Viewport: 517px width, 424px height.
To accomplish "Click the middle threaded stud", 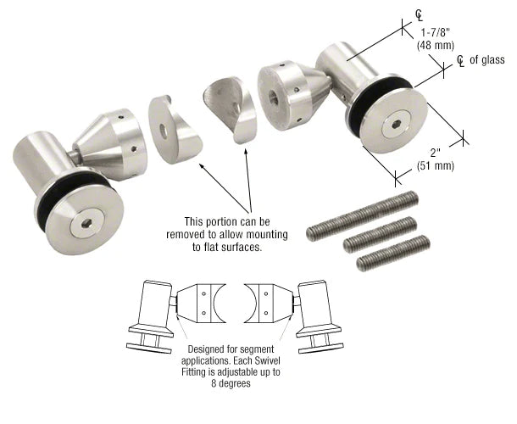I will click(x=379, y=236).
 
